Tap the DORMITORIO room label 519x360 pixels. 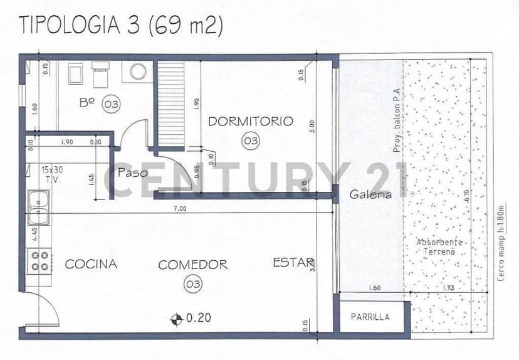(x=250, y=122)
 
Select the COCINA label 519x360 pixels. (x=91, y=264)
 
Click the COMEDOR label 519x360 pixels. (x=193, y=265)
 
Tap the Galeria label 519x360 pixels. (x=371, y=194)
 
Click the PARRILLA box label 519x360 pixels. (x=370, y=317)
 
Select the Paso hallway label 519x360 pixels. (x=132, y=172)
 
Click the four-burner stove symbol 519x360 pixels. (x=39, y=260)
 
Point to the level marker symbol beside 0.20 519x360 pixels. (x=178, y=319)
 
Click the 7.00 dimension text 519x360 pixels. (x=180, y=208)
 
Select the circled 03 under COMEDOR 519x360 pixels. (x=193, y=285)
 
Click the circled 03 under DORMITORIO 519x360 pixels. (x=250, y=141)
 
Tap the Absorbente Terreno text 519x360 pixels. (x=439, y=246)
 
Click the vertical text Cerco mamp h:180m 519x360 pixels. (x=500, y=243)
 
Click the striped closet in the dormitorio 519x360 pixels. (x=170, y=103)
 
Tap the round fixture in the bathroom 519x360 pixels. (x=138, y=71)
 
